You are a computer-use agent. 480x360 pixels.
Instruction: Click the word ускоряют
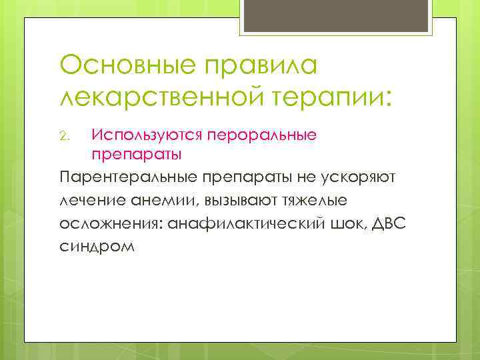click(364, 178)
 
